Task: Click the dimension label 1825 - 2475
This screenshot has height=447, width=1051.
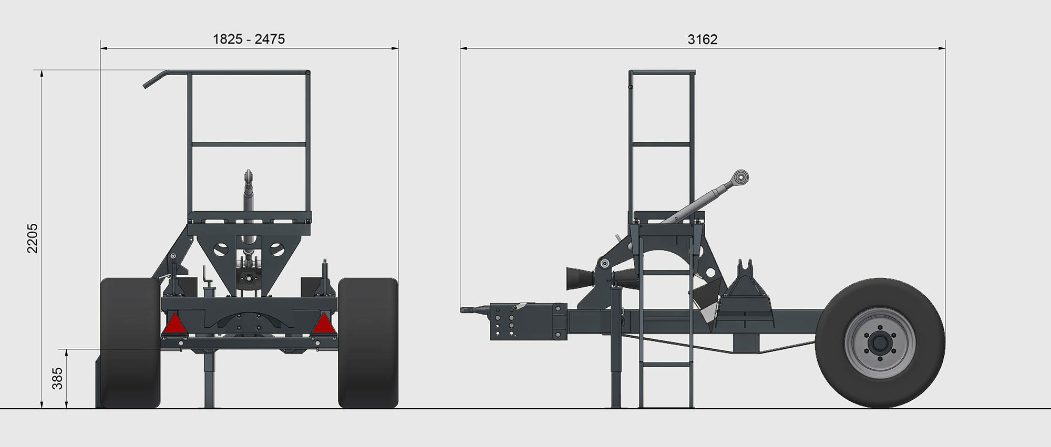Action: pyautogui.click(x=249, y=39)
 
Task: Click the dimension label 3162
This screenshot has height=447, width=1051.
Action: pyautogui.click(x=703, y=39)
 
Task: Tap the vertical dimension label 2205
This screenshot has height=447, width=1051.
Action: pyautogui.click(x=33, y=238)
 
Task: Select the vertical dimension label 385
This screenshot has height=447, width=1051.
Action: pyautogui.click(x=57, y=378)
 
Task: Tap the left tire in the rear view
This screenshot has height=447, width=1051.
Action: pyautogui.click(x=130, y=343)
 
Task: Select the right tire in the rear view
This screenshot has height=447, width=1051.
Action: pyautogui.click(x=368, y=343)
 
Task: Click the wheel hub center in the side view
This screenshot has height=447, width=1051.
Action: pyautogui.click(x=880, y=344)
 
